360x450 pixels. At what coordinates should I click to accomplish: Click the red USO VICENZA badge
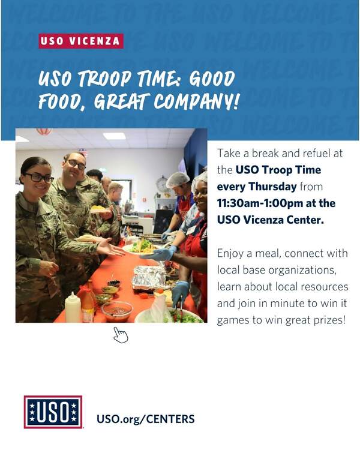click(x=81, y=41)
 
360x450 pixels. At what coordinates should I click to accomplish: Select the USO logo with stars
click(x=53, y=412)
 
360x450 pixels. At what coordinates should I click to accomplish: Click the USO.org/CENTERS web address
click(x=146, y=419)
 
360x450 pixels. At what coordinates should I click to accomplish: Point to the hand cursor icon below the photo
click(x=121, y=335)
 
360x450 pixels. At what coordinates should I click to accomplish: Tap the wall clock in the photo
click(x=162, y=184)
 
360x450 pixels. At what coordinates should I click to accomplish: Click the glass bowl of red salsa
click(x=117, y=311)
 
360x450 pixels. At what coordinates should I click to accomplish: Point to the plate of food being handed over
click(x=143, y=247)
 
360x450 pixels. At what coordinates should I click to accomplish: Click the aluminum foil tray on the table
click(x=149, y=278)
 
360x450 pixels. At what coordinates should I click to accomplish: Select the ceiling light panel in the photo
click(x=114, y=136)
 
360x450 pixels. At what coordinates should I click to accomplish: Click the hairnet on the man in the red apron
click(x=178, y=179)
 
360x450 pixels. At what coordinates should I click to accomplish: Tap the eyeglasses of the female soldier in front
click(x=40, y=178)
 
